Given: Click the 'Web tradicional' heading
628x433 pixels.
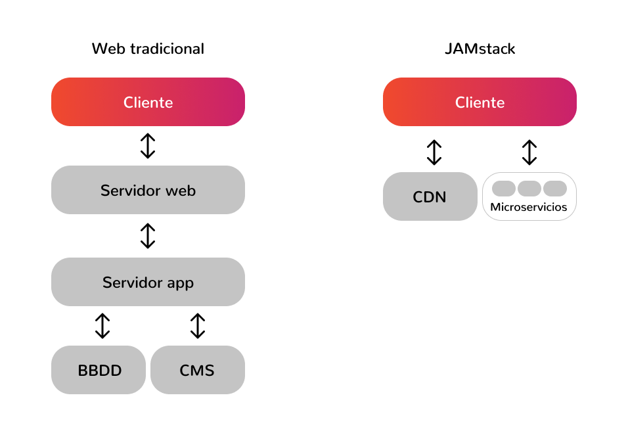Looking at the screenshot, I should click(x=148, y=49).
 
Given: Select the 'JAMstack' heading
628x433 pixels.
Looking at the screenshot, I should click(x=480, y=49).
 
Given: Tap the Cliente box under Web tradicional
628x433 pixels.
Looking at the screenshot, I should click(x=148, y=103).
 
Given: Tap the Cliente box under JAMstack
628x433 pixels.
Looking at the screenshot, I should click(x=480, y=103).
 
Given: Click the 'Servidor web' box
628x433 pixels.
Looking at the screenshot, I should click(x=148, y=191).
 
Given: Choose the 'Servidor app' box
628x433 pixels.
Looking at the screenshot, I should click(x=148, y=283).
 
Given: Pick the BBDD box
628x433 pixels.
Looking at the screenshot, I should click(x=99, y=370).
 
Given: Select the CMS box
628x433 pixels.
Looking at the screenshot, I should click(x=197, y=370).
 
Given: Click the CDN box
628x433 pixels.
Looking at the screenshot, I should click(x=430, y=196).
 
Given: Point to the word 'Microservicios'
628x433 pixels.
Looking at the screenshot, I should click(x=529, y=208).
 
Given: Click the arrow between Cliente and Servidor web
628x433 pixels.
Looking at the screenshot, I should click(x=148, y=146).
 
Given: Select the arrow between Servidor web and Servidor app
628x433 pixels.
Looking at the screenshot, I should click(x=148, y=236).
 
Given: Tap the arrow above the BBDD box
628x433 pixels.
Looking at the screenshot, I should click(x=102, y=325).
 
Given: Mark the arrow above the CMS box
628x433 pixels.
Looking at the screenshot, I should click(x=198, y=325).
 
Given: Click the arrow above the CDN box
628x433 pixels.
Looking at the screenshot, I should click(x=434, y=152).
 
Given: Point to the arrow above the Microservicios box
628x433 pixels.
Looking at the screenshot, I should click(x=529, y=152).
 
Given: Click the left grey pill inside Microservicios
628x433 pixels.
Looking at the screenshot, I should click(x=504, y=189).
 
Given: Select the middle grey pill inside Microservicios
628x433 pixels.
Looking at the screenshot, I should click(x=529, y=189).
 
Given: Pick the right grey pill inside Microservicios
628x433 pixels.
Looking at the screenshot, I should click(x=554, y=189).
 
